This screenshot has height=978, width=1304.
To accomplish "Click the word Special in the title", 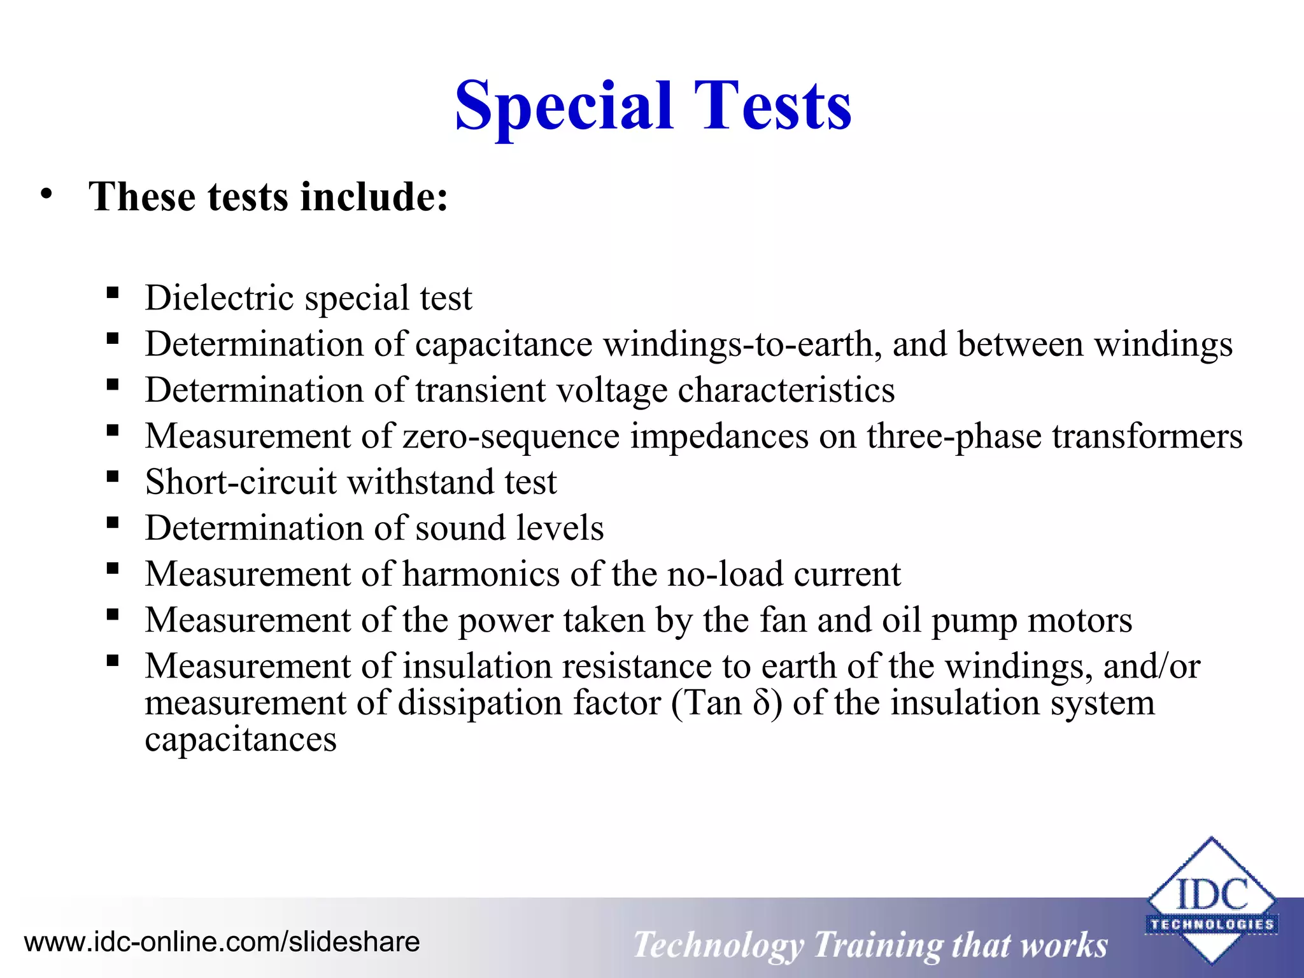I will point(563,106).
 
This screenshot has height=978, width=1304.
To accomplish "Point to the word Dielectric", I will point(220,297).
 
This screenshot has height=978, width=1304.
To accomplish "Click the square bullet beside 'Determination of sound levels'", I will point(113,523).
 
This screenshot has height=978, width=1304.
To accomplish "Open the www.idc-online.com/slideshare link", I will point(222,942).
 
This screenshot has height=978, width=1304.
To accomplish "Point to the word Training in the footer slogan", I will point(877,944).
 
